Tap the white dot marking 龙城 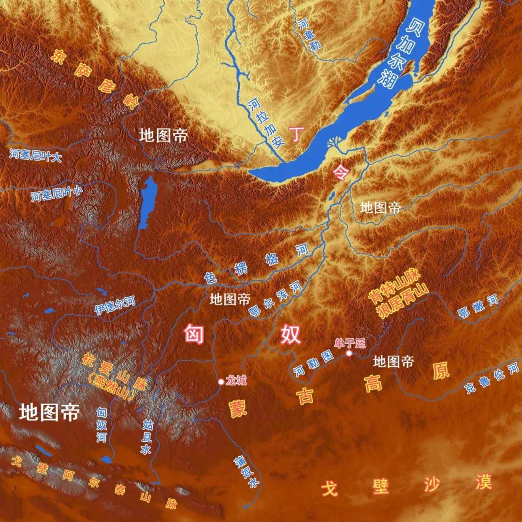point(221,382)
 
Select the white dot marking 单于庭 point(349,354)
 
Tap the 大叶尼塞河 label point(35,155)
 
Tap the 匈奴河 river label point(101,425)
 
